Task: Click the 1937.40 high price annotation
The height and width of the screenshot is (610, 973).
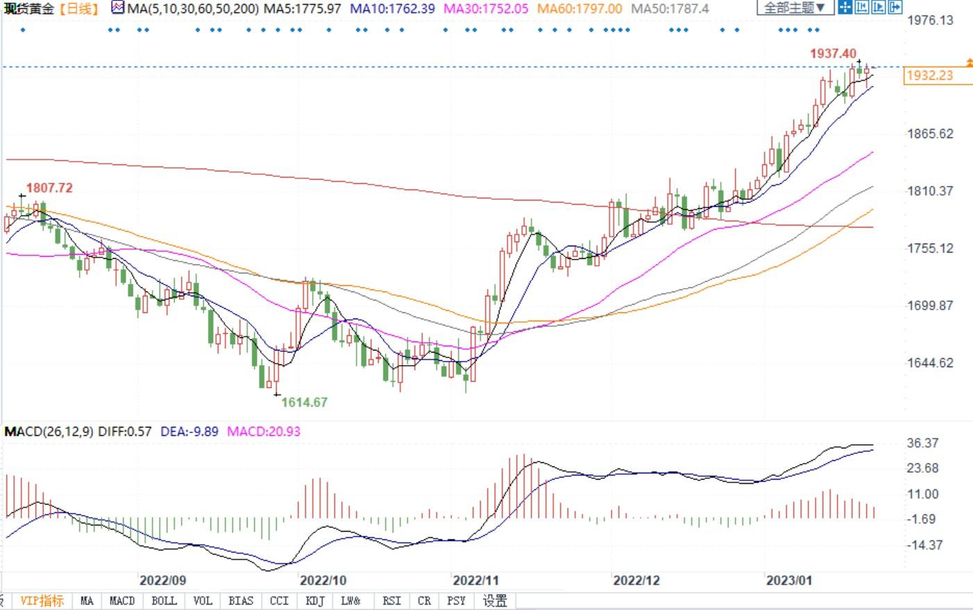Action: tap(833, 53)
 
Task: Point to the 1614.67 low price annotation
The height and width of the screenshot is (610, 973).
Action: tap(304, 402)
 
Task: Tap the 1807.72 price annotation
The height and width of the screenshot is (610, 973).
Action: tap(49, 188)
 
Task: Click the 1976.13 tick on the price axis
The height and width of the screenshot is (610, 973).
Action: tap(930, 20)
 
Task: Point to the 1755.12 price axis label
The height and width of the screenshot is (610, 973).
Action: tap(930, 248)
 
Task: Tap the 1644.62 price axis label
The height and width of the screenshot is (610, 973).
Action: tap(930, 363)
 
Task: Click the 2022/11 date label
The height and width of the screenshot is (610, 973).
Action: tap(475, 580)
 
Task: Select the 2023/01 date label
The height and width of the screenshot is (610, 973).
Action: tap(788, 580)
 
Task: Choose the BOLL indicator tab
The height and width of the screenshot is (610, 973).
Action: tap(164, 601)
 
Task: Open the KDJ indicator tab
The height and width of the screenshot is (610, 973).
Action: tap(315, 601)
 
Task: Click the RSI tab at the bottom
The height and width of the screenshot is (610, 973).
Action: tap(391, 601)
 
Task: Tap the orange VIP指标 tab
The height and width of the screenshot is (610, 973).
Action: tap(42, 601)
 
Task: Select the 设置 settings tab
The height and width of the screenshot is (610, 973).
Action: tap(495, 601)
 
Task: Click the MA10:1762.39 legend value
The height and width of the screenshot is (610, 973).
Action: tap(392, 9)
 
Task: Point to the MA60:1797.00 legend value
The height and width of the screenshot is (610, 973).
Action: tap(579, 9)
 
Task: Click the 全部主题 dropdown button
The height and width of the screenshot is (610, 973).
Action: tap(794, 8)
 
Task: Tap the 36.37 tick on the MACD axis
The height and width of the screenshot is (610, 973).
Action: tap(922, 443)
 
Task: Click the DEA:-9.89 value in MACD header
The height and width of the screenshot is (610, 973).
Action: tap(189, 432)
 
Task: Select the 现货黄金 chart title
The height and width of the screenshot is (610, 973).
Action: tap(29, 9)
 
